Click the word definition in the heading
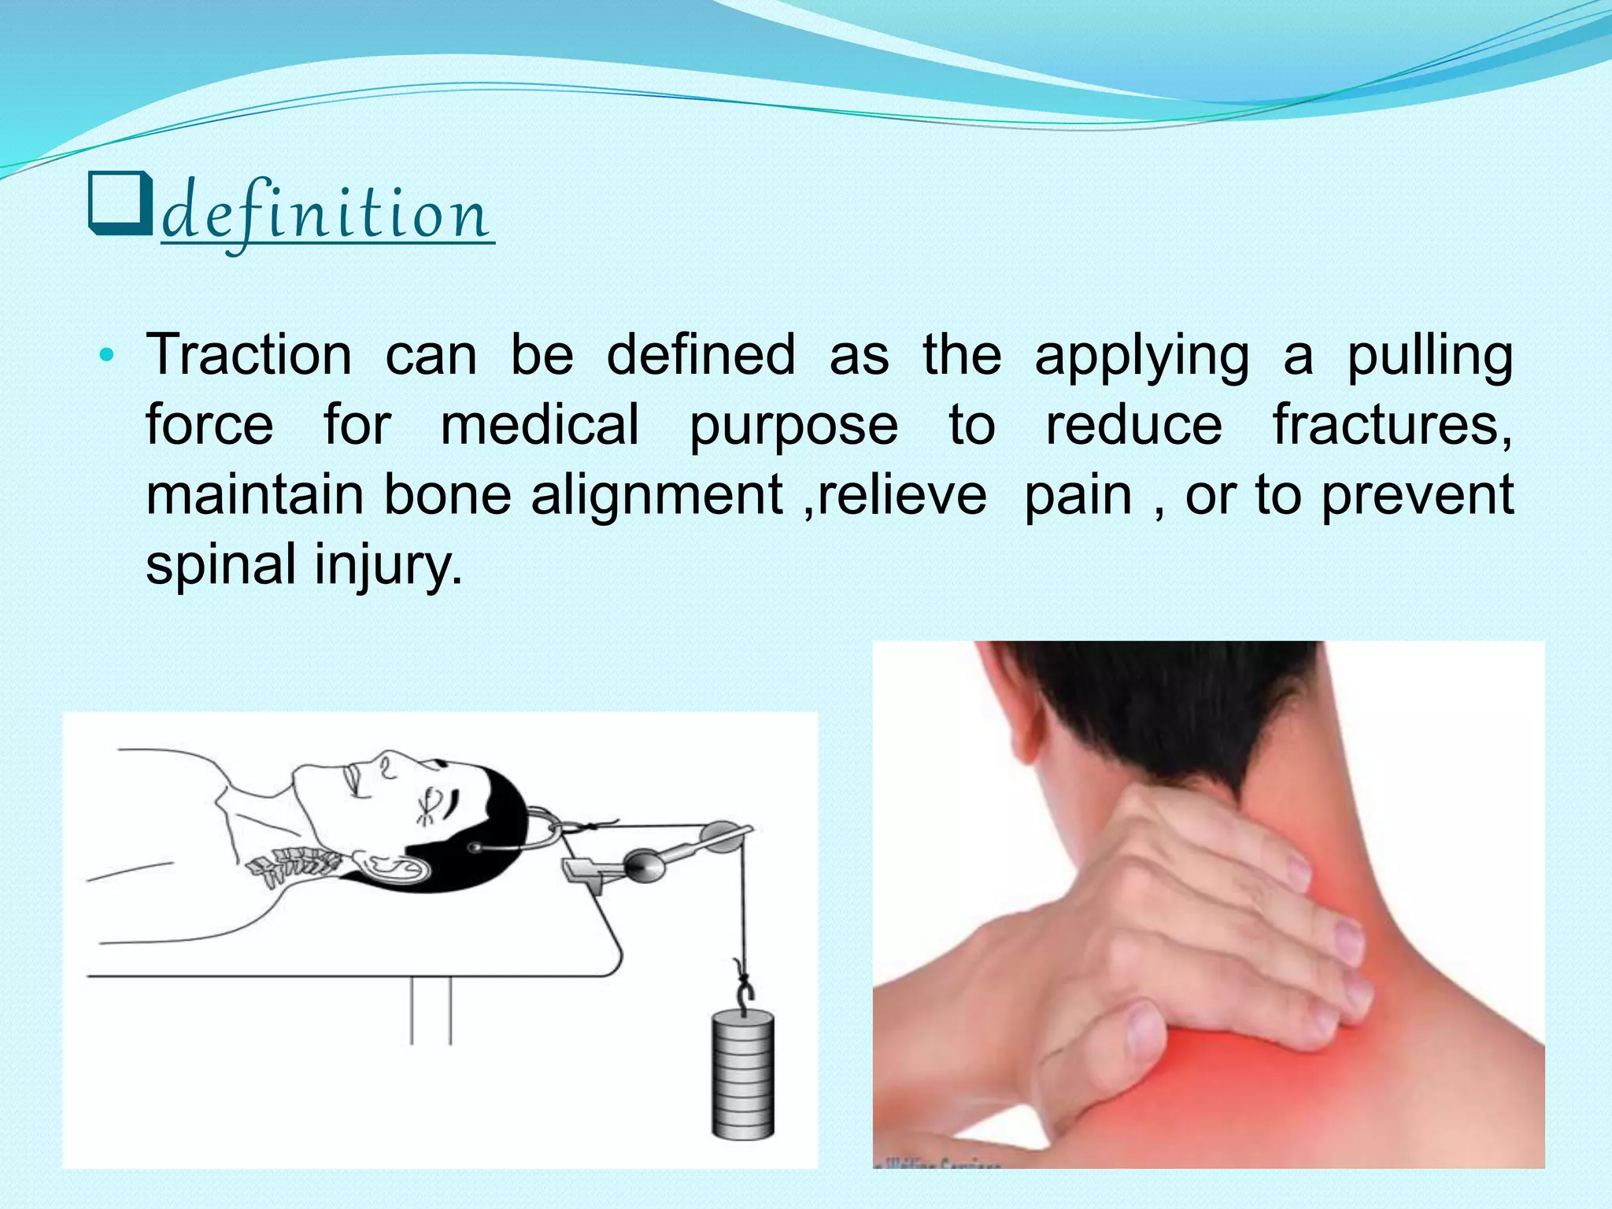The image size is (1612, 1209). tap(327, 214)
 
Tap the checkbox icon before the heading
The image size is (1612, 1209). tap(119, 205)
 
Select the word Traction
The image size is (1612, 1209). tap(249, 356)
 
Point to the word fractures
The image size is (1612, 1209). tap(1392, 426)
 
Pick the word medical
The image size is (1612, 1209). tap(539, 426)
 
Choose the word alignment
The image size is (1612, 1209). tap(656, 496)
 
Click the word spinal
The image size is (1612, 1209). tap(220, 566)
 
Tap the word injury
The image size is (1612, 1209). tap(387, 566)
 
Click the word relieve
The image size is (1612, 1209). tap(901, 496)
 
